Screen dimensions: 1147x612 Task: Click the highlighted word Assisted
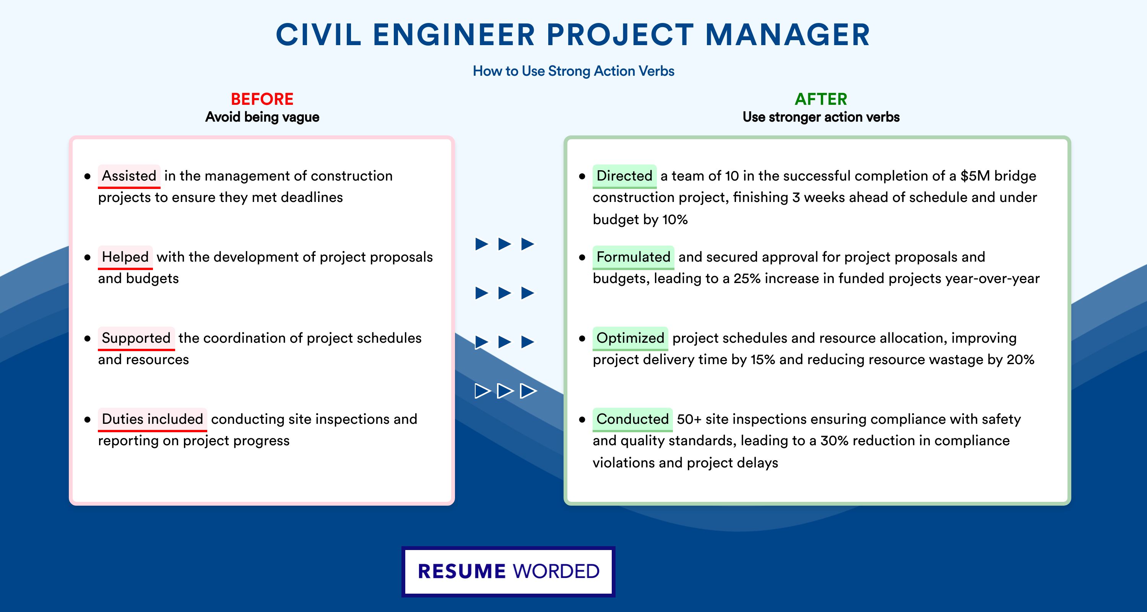129,176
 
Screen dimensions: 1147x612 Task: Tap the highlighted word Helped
125,257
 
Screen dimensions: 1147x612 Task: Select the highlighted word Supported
136,338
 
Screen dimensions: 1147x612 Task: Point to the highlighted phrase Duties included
152,419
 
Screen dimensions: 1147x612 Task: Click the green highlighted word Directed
624,176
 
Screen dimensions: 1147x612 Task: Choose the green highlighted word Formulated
633,257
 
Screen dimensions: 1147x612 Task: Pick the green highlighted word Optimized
630,338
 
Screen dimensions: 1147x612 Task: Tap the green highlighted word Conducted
632,419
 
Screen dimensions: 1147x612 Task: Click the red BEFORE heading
262,99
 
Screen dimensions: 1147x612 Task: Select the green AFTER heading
821,99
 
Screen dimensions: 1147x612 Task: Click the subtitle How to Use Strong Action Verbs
573,71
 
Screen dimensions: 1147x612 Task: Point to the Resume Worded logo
509,571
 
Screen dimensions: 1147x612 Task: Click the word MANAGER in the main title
788,35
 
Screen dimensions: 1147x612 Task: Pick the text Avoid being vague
262,117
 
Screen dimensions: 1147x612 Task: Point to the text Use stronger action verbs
821,117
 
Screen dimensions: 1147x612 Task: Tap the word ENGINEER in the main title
454,35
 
